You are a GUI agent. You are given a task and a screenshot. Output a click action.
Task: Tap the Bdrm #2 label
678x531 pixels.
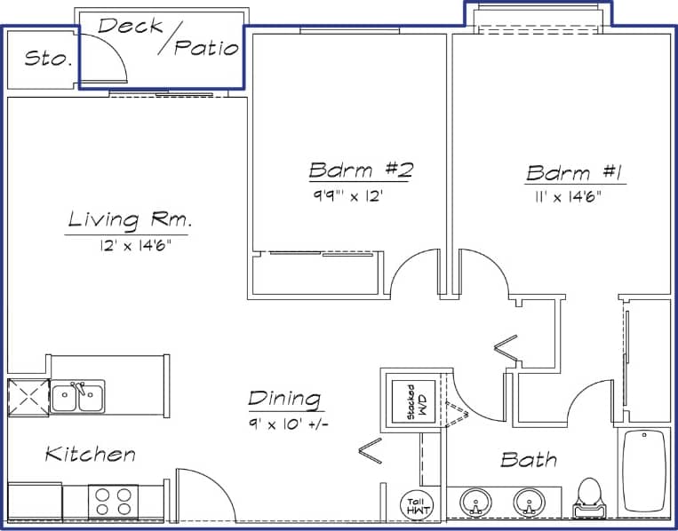(x=361, y=170)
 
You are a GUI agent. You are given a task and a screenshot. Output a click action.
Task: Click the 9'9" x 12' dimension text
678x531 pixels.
(x=346, y=196)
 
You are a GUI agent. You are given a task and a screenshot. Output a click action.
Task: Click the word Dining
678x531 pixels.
(x=284, y=399)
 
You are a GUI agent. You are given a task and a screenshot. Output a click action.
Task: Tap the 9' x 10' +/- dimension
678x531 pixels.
(x=289, y=424)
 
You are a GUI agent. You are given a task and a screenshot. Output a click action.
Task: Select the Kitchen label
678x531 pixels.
(x=91, y=455)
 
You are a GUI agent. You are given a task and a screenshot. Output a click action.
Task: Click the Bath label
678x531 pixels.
(x=529, y=459)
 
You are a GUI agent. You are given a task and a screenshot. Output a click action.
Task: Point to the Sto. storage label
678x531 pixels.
(x=47, y=59)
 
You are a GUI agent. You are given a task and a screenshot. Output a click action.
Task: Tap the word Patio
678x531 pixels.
(x=206, y=47)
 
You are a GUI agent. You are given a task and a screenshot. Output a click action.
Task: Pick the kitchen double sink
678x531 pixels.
(x=77, y=397)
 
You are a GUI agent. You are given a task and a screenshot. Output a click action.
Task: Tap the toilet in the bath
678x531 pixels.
(x=588, y=496)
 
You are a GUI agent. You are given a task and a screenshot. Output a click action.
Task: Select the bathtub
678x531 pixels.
(x=643, y=471)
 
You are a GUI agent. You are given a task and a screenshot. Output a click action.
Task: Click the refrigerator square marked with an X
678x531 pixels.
(x=28, y=396)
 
